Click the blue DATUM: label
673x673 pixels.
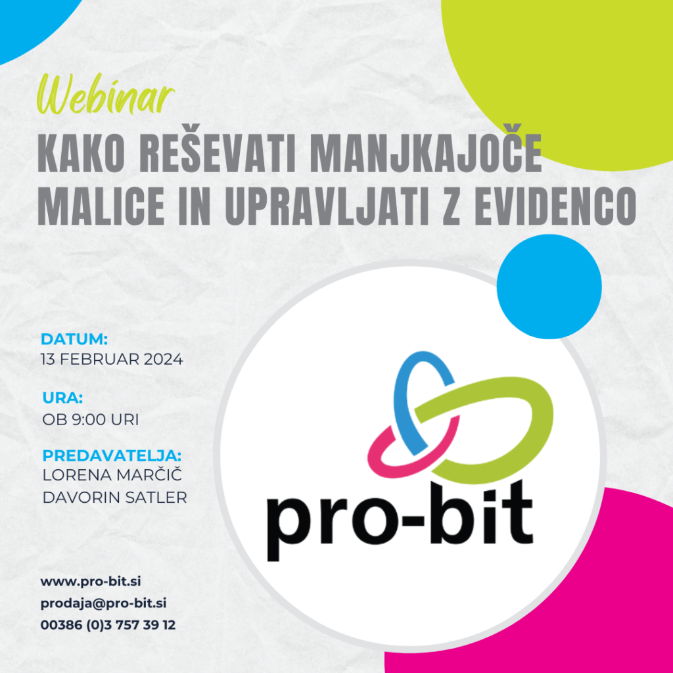(74, 340)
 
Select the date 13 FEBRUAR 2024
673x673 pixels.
(112, 360)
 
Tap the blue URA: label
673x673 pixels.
(62, 398)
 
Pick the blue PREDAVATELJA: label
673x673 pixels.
(112, 456)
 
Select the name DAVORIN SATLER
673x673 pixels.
(114, 498)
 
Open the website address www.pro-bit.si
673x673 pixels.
(91, 582)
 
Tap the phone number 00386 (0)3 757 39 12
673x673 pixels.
(108, 625)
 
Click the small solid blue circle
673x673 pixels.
(549, 287)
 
